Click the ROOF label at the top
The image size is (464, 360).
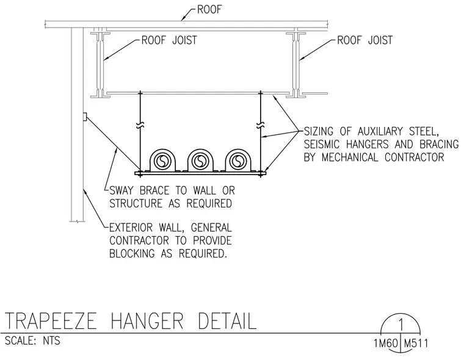209,10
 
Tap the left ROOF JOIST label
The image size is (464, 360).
169,40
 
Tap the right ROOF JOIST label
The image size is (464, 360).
365,40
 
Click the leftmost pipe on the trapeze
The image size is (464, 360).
162,161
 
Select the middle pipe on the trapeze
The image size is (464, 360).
200,161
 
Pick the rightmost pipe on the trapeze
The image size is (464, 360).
237,161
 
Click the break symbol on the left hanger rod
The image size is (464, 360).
140,126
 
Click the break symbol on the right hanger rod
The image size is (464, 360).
261,125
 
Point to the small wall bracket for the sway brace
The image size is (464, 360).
85,117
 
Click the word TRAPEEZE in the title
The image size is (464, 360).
51,321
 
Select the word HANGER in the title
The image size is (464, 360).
147,321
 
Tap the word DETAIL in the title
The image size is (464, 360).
227,321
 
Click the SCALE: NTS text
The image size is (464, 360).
32,340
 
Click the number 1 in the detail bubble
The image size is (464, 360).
401,325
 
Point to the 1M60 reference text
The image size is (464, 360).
386,344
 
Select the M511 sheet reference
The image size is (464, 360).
416,344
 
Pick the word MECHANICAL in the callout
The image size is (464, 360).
350,157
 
